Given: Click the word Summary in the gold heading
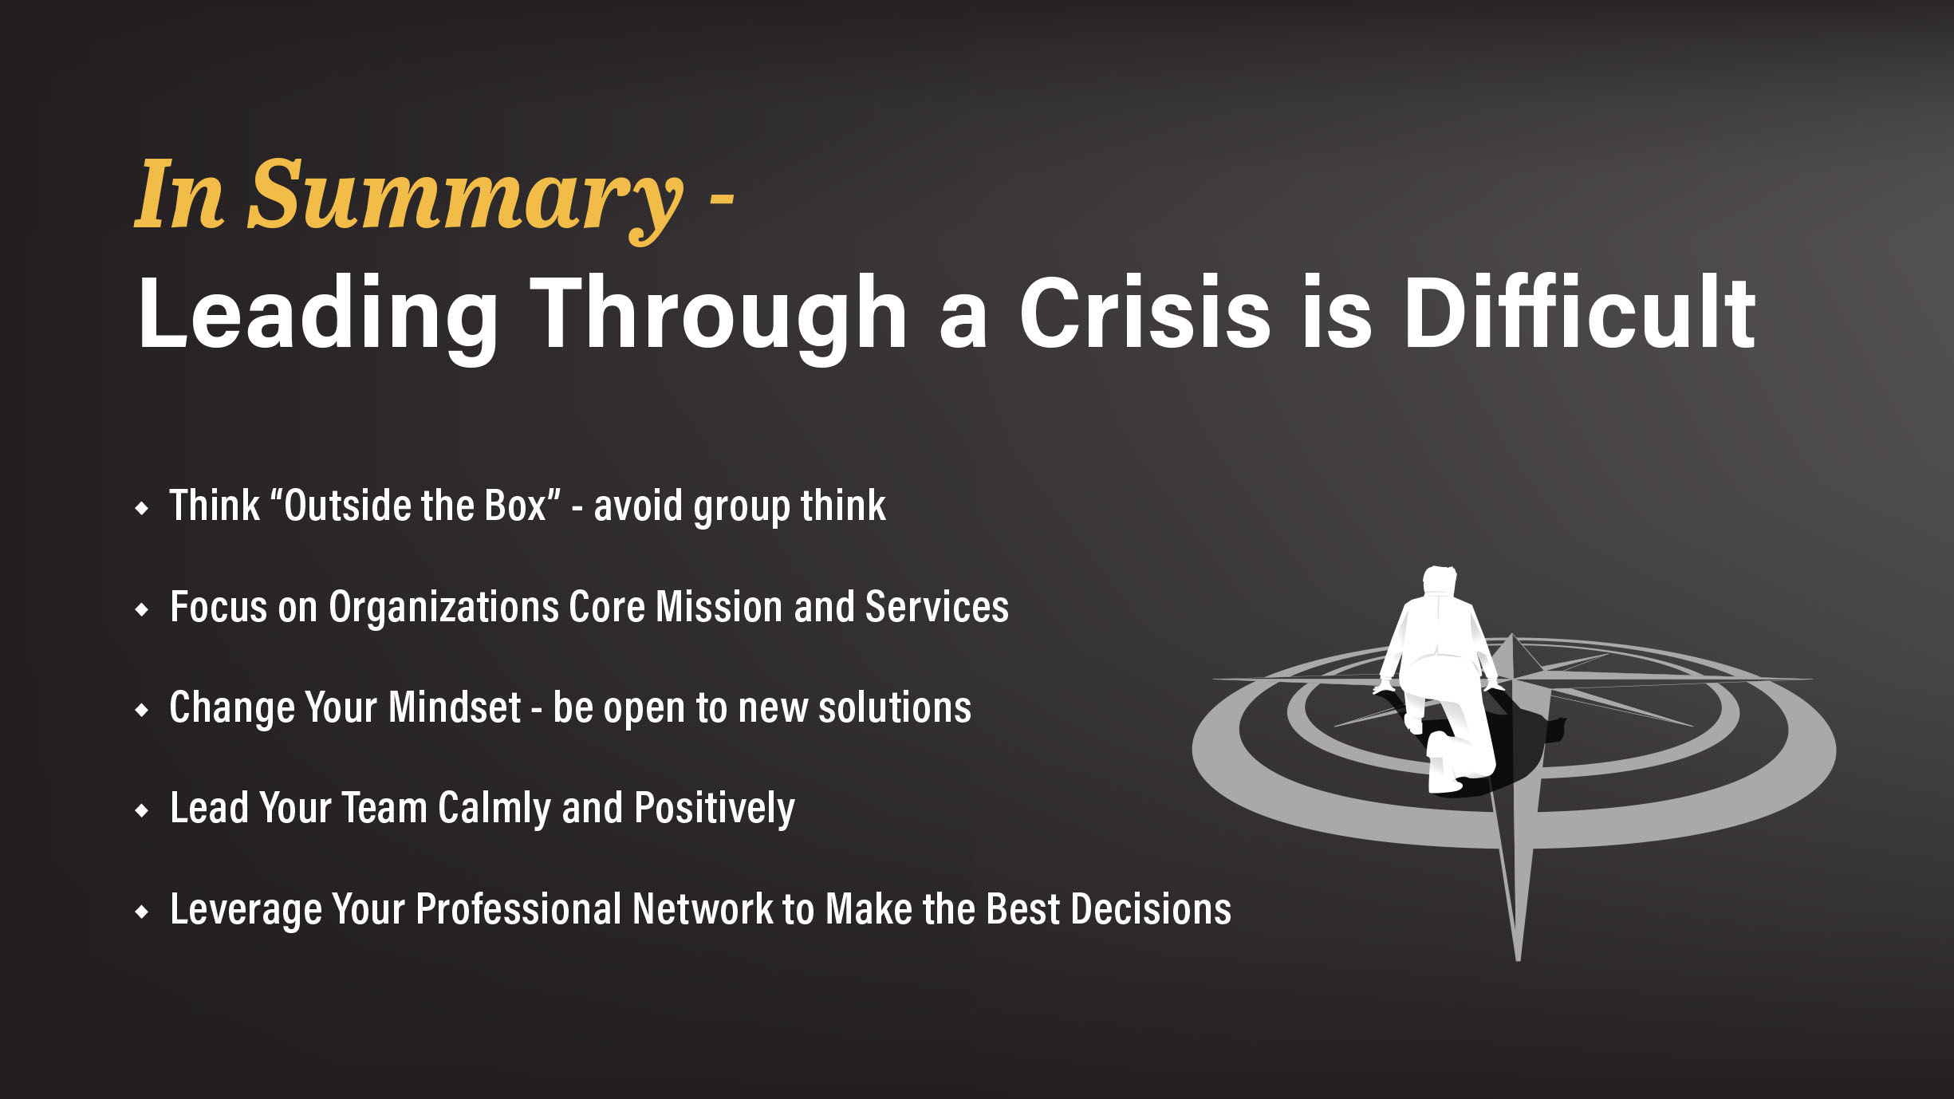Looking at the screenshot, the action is (465, 199).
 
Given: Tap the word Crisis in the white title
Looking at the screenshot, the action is (1145, 312).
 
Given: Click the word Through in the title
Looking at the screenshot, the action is (719, 318).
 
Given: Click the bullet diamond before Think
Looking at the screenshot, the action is (142, 508).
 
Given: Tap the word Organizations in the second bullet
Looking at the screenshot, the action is (443, 609).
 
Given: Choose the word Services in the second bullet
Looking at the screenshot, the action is (937, 607).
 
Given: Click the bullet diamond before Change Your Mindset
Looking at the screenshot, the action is (142, 709).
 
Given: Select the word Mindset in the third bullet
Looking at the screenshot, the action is (455, 707).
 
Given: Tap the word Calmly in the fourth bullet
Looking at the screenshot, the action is (494, 809).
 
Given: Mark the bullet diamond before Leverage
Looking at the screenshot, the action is (142, 911).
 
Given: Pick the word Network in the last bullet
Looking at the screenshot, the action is (703, 909).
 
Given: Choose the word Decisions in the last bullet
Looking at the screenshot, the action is (1151, 909).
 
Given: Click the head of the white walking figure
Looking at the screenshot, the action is (1441, 579).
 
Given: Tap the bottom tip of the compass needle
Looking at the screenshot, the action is (1518, 959).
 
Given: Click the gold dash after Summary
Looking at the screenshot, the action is (721, 205).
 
